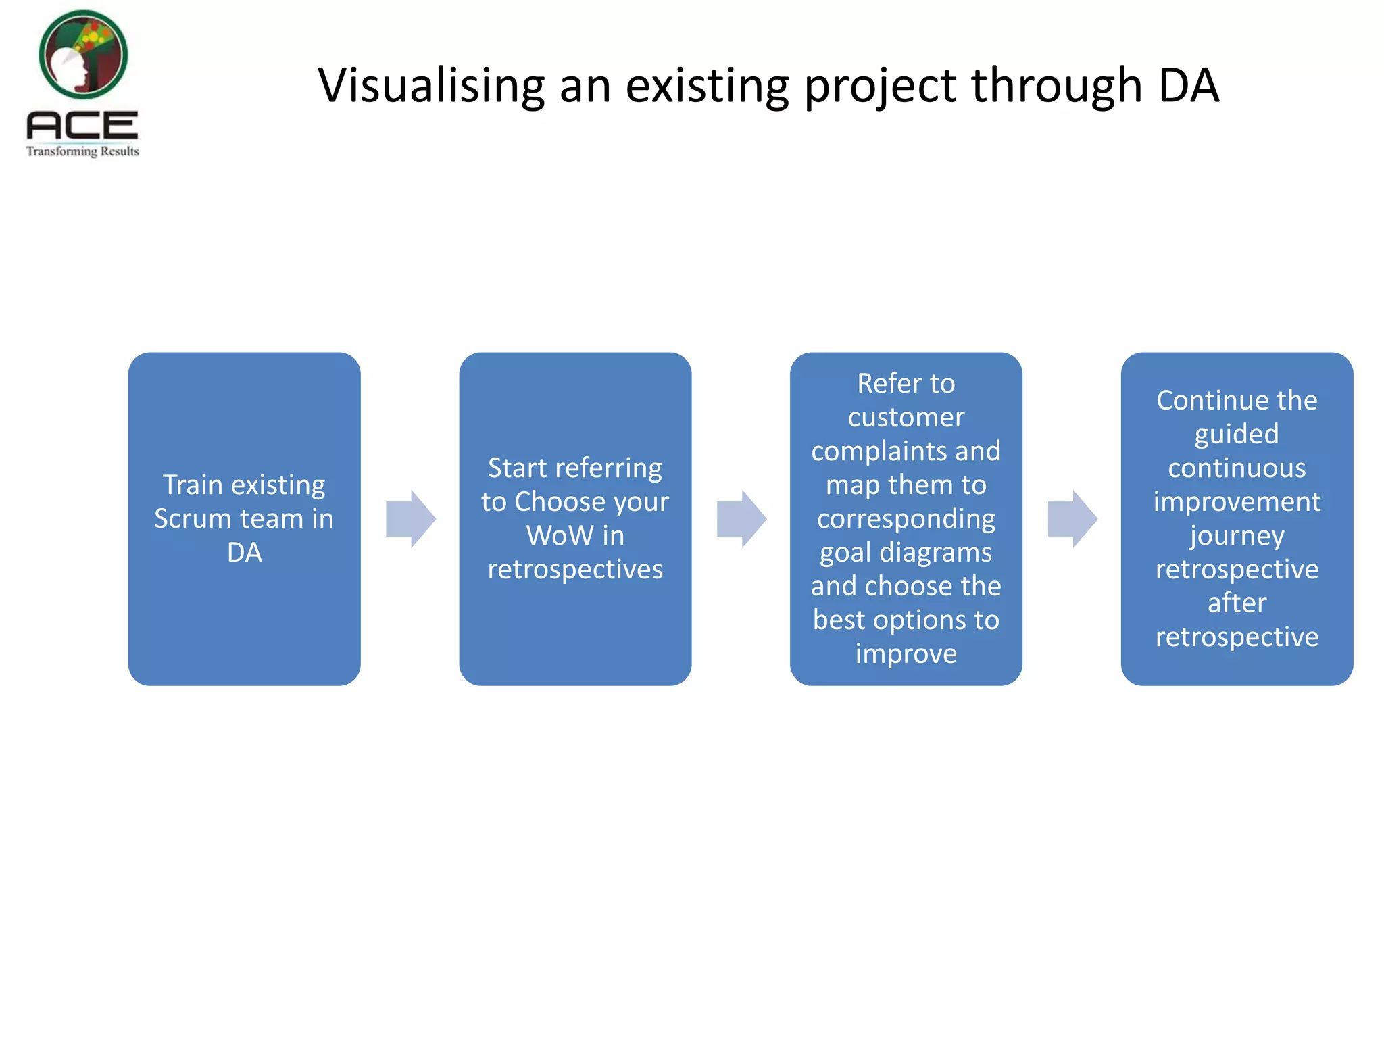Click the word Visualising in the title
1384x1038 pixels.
[431, 86]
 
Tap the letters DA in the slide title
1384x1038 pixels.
[1189, 86]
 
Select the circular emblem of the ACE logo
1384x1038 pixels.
[83, 54]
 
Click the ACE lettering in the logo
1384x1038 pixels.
[82, 126]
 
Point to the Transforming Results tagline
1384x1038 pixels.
[82, 151]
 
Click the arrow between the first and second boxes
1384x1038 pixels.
[410, 518]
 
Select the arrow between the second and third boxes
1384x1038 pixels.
[741, 518]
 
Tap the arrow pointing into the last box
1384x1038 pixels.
[1072, 518]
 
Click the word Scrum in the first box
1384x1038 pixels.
[193, 518]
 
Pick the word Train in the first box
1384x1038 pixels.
[193, 485]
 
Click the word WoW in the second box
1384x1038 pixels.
[560, 535]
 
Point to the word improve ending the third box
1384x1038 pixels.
[906, 653]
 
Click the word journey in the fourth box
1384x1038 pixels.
[1237, 535]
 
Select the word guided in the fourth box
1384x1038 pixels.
[1237, 434]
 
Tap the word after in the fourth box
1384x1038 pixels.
[1237, 602]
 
